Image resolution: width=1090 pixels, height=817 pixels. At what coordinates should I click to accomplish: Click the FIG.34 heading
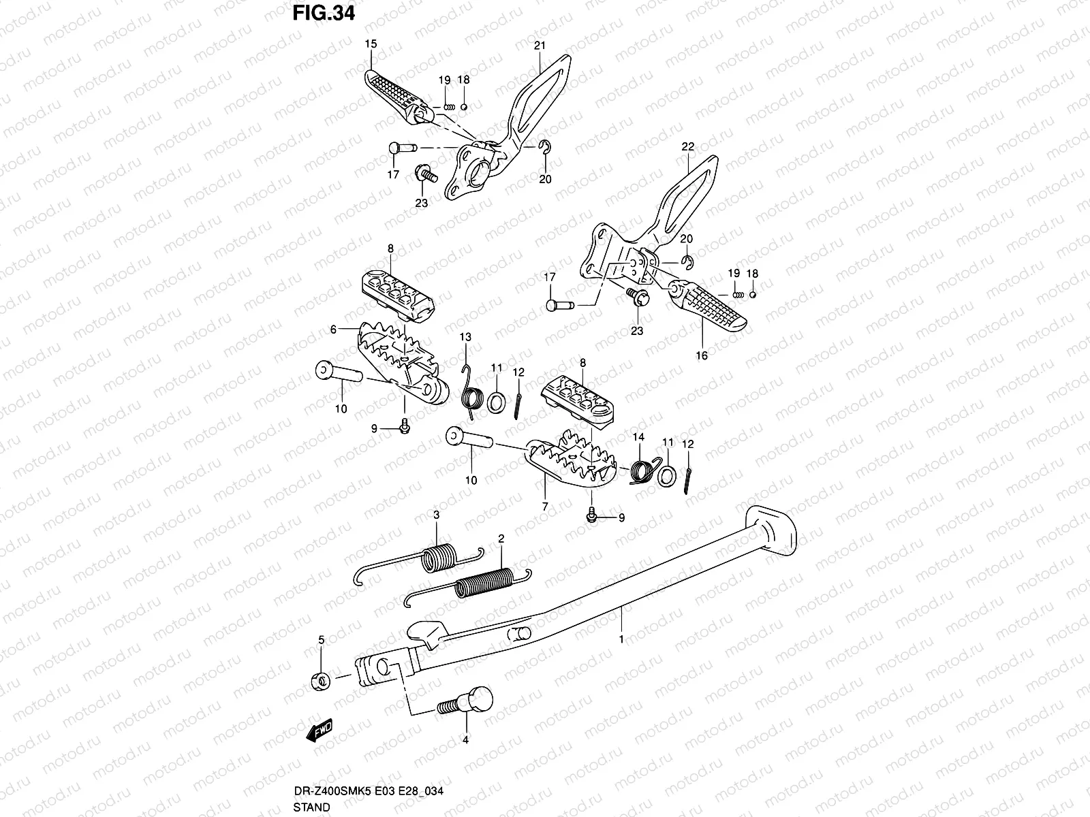click(x=323, y=14)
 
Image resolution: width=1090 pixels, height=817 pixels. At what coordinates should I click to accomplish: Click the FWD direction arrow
click(x=319, y=731)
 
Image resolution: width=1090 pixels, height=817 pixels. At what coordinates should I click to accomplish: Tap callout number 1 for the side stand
click(x=621, y=639)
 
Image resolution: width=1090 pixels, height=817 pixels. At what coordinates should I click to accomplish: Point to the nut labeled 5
click(x=322, y=679)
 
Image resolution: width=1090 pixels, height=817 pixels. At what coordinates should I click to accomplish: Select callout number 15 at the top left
click(x=370, y=44)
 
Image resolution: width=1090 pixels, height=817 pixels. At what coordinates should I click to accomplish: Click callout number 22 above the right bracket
click(x=687, y=147)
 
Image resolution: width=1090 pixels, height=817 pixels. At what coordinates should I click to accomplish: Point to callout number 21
click(x=540, y=46)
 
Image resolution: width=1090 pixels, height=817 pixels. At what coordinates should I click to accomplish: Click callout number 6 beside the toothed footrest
click(x=333, y=330)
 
